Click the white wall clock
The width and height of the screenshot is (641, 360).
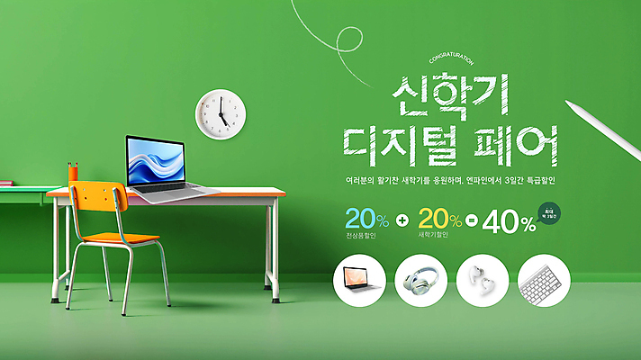[x=221, y=114]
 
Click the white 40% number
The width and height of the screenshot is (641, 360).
[x=509, y=222]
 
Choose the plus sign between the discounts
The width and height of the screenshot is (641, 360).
[x=402, y=220]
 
